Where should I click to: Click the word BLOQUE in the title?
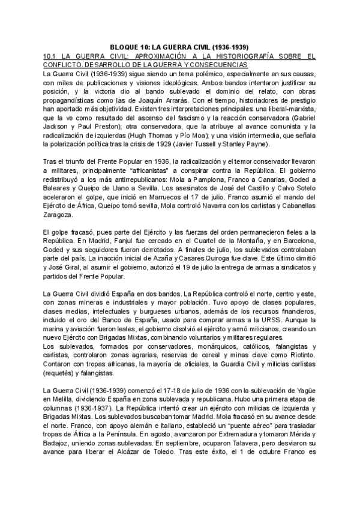126,47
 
